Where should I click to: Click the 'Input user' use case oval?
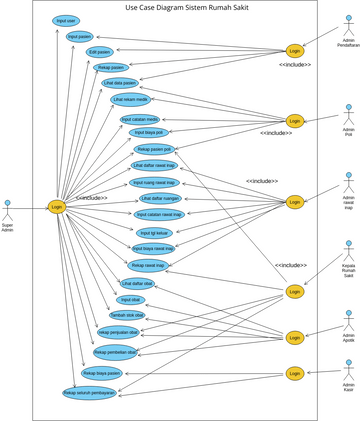(x=66, y=20)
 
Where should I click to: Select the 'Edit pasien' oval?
(x=99, y=51)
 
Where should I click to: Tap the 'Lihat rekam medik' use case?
(x=130, y=99)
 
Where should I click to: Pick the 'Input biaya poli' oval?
(x=148, y=132)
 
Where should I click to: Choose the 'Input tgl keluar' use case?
(x=155, y=232)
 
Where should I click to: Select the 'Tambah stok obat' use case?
(x=127, y=315)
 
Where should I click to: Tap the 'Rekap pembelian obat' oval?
(x=116, y=352)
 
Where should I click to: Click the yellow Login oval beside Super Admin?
(x=56, y=207)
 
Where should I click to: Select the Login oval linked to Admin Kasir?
(x=294, y=373)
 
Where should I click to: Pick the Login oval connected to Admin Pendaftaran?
(x=294, y=50)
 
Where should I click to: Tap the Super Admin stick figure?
(x=8, y=210)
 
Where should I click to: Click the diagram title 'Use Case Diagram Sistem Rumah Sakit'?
(x=187, y=7)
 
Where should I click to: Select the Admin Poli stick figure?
(x=348, y=111)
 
